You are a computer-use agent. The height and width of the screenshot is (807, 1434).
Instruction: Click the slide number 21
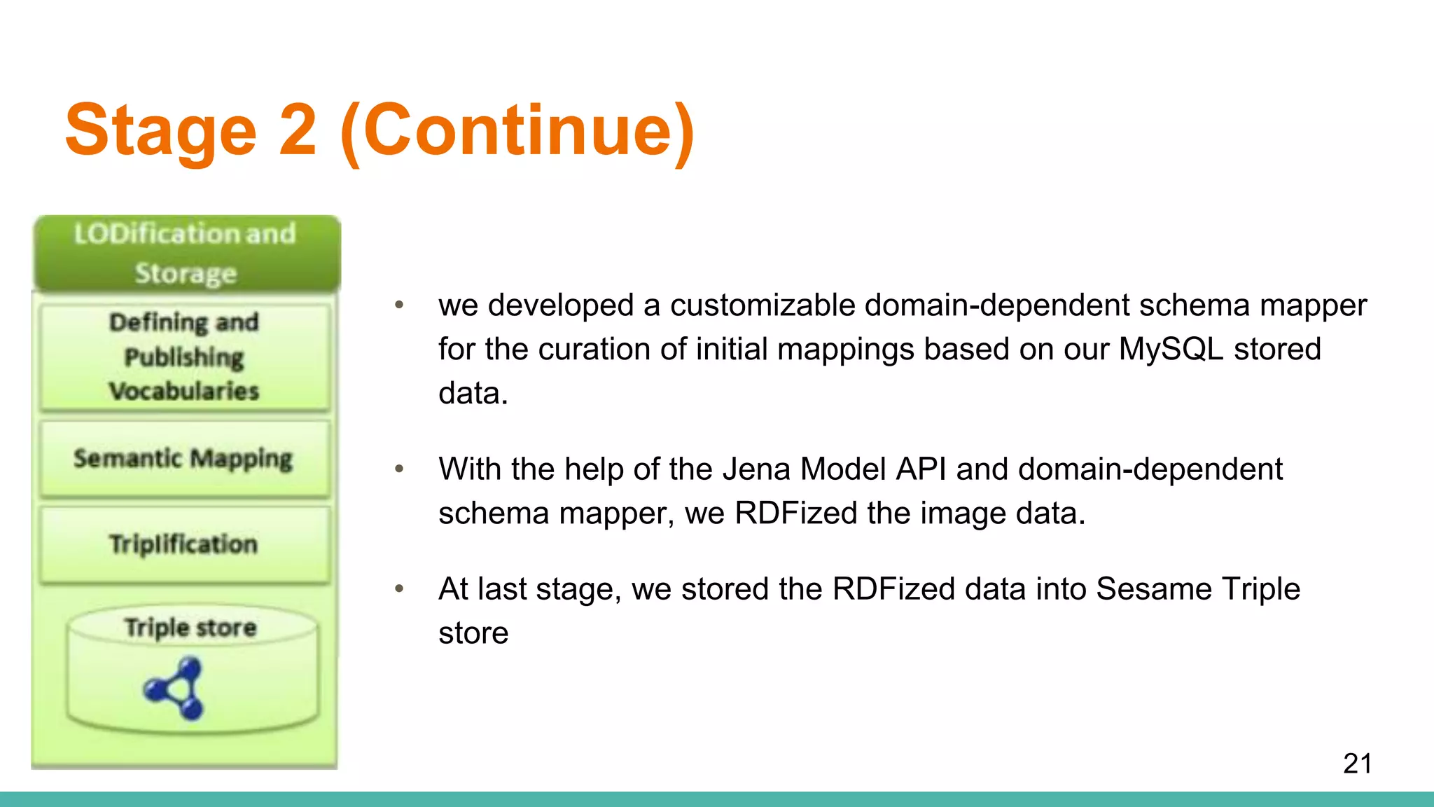point(1357,764)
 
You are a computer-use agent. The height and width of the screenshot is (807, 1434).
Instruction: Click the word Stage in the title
point(161,130)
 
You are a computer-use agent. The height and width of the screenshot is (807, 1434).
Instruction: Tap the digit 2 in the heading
point(298,130)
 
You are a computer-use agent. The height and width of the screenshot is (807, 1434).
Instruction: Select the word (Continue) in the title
point(517,132)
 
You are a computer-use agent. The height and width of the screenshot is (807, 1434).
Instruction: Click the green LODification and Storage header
point(186,254)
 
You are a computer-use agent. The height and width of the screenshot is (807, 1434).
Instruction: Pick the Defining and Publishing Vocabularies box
point(185,357)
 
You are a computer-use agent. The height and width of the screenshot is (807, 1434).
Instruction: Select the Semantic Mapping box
point(183,459)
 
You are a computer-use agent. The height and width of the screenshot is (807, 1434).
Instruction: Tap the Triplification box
point(183,544)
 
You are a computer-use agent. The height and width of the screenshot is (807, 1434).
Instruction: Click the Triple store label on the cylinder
point(190,627)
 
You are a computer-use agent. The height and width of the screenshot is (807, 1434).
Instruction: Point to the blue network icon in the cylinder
point(175,688)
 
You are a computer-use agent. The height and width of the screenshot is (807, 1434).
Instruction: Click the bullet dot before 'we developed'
point(399,305)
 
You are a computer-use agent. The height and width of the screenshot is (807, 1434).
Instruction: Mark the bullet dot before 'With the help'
point(399,469)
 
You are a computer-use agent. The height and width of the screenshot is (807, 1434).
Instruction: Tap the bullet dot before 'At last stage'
point(399,588)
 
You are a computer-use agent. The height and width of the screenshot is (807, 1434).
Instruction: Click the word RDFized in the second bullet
point(796,513)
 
